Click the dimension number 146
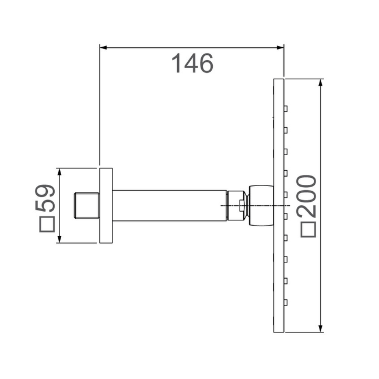[192, 64]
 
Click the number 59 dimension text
[45, 198]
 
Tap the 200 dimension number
[308, 196]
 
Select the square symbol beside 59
[47, 224]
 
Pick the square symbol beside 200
[308, 229]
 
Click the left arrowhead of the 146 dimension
[103, 48]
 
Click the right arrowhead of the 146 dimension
[280, 48]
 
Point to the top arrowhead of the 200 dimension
[321, 82]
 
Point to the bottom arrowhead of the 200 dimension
[321, 329]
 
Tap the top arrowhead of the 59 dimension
[59, 172]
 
